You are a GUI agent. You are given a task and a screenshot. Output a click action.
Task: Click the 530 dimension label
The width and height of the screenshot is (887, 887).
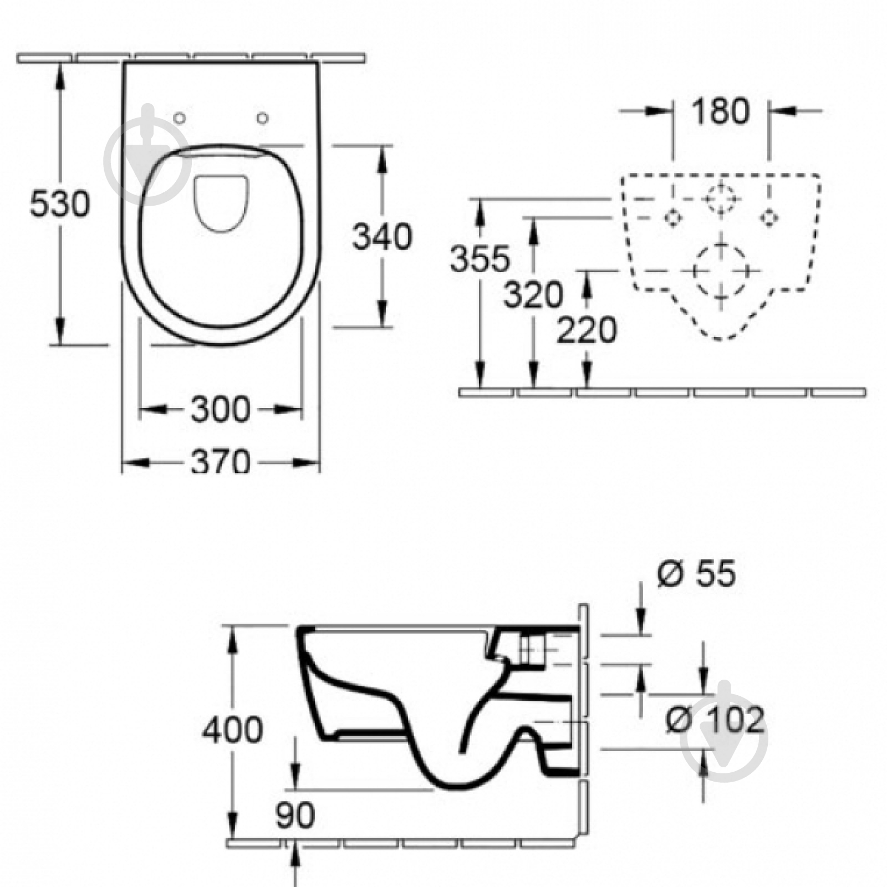(x=59, y=203)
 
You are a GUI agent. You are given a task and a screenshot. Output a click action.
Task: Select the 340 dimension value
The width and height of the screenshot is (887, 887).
(x=383, y=236)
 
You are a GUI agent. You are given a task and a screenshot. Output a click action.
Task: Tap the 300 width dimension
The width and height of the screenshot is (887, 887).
(x=221, y=410)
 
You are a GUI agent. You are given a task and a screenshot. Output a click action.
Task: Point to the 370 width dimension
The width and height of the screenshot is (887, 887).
(x=221, y=461)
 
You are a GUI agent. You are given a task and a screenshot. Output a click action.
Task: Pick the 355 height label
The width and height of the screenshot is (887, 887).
(x=480, y=259)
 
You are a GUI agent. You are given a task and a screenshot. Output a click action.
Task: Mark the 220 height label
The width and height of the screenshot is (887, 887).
(x=587, y=330)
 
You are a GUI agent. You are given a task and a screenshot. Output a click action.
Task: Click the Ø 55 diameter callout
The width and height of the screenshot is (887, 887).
(x=697, y=573)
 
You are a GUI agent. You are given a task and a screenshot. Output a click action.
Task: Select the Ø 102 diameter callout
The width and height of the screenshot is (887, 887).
(x=715, y=720)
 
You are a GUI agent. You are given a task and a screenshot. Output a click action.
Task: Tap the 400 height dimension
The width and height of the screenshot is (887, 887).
(x=232, y=730)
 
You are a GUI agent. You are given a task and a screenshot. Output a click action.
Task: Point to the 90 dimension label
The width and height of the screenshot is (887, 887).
(x=295, y=815)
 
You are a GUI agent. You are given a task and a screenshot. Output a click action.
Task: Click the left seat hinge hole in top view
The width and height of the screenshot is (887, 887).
(x=180, y=118)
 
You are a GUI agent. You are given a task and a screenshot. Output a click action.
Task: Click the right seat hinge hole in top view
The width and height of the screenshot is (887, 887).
(x=263, y=118)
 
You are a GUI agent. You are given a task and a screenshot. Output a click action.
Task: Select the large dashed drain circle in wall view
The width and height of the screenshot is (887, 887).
(x=721, y=271)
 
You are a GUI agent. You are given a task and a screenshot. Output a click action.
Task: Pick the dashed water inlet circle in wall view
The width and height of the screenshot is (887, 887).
(x=721, y=198)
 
